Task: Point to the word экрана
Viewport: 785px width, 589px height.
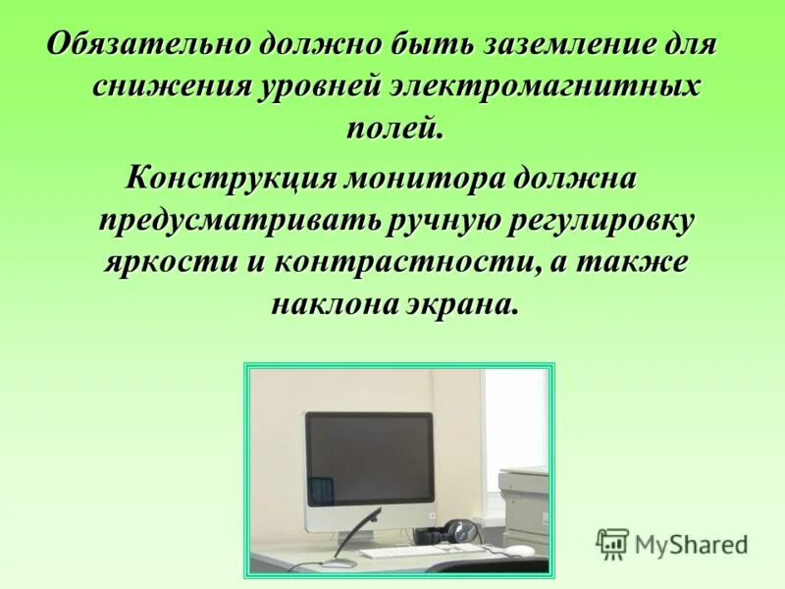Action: pyautogui.click(x=459, y=304)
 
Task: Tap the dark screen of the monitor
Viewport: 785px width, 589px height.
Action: pyautogui.click(x=368, y=459)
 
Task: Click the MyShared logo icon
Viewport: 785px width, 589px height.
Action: pyautogui.click(x=612, y=543)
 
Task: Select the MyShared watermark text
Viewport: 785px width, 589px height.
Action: pyautogui.click(x=691, y=544)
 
